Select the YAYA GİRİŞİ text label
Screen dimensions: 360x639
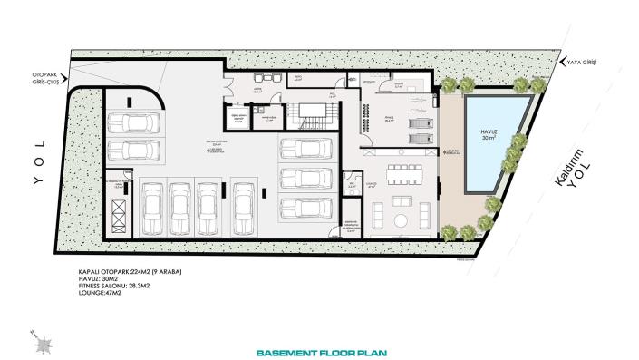583,62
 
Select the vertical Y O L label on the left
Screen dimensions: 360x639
38,161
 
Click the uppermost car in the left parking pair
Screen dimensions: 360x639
131,122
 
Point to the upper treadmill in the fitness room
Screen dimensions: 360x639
418,121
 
